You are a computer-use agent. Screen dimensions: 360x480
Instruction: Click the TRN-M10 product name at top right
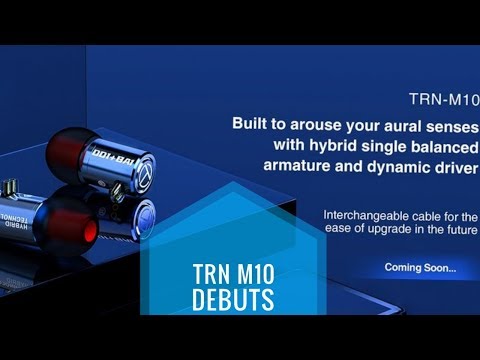pos(444,100)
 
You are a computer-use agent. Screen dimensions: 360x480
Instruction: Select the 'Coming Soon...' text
pos(420,267)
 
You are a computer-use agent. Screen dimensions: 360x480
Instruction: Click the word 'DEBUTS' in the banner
pos(234,299)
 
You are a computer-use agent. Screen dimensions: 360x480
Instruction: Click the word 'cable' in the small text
pos(438,215)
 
